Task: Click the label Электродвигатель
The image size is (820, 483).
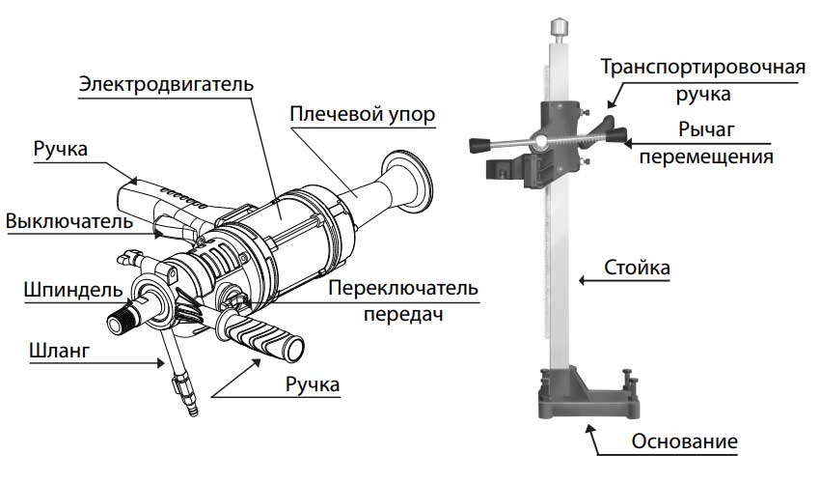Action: click(x=166, y=83)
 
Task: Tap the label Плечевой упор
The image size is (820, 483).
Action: click(x=363, y=115)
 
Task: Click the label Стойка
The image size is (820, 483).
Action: click(x=636, y=267)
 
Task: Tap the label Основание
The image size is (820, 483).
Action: click(x=685, y=442)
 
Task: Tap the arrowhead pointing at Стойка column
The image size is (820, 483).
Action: click(x=580, y=281)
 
